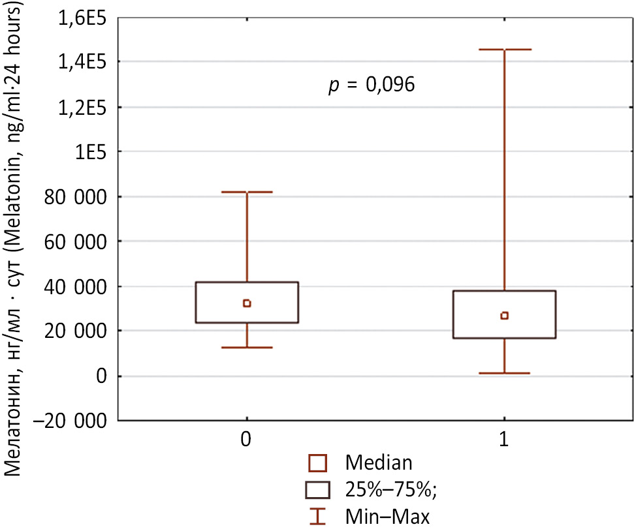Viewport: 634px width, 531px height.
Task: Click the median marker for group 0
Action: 247,303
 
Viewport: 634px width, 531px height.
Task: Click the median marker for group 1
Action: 504,316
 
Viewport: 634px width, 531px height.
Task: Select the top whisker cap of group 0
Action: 247,192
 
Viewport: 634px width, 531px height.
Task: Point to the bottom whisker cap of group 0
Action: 247,347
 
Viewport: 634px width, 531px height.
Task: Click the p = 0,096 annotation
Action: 372,85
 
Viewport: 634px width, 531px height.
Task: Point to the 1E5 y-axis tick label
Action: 91,152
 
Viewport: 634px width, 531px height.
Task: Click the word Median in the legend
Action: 379,463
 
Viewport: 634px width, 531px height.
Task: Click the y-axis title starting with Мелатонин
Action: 18,241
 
